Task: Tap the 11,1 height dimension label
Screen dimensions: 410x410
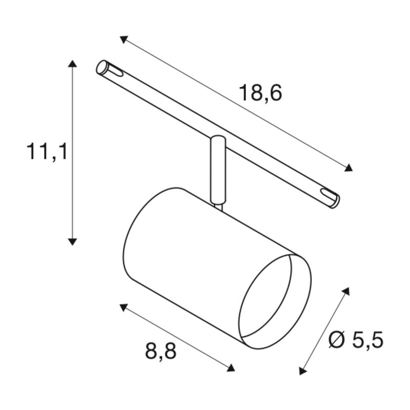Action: [x=47, y=152]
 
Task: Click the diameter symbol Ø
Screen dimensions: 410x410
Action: [x=338, y=340]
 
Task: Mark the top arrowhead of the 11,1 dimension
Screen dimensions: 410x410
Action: [x=73, y=64]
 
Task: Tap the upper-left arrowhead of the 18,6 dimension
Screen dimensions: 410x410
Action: [x=123, y=39]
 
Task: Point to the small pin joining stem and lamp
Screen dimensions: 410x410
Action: [x=219, y=206]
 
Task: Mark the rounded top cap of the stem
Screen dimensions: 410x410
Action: [x=217, y=138]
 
